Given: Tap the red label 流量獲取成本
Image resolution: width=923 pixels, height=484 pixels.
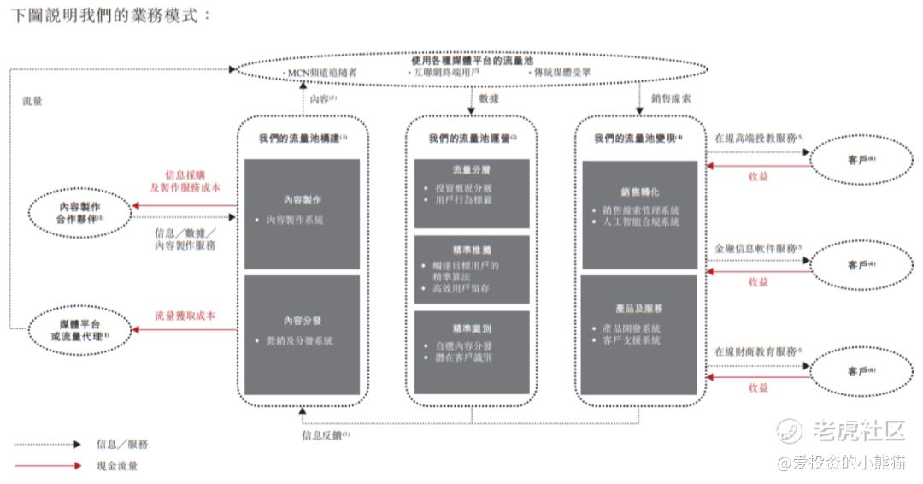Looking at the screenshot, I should [x=185, y=316].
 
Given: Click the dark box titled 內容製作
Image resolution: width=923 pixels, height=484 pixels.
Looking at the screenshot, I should [x=302, y=214].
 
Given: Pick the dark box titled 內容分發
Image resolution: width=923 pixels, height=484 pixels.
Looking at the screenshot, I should [x=302, y=334].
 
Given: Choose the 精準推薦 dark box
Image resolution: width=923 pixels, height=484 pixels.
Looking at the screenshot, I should [x=471, y=269].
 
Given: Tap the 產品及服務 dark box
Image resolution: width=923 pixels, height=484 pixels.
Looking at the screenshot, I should [x=638, y=334].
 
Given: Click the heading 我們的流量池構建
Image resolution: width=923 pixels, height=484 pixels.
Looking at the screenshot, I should [x=302, y=138].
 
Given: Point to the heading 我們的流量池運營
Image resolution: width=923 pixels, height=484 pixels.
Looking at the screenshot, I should [x=473, y=138].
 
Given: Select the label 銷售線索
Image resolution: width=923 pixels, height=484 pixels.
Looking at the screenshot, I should [x=671, y=99].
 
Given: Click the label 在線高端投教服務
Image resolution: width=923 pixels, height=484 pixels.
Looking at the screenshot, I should [x=758, y=138].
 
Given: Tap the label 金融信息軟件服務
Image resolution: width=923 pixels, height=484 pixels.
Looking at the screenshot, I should [x=758, y=248].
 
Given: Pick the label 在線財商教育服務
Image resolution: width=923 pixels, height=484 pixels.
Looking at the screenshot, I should [x=758, y=352].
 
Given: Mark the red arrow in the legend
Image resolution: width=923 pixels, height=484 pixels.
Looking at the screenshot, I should [x=48, y=466].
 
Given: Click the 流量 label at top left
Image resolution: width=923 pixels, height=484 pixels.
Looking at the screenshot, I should [x=32, y=101].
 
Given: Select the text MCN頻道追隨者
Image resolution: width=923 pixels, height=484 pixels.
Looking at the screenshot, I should [x=323, y=74].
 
